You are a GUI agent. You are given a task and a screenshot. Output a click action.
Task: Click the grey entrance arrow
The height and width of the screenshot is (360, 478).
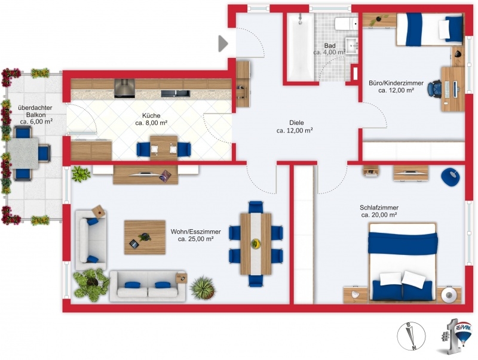[x=223, y=44]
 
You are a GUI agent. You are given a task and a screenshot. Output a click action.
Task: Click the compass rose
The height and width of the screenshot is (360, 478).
[x=411, y=337]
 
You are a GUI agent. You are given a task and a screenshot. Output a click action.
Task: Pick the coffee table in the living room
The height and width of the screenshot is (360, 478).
[x=145, y=237]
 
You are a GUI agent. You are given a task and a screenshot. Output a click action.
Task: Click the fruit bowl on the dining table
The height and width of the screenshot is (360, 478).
[x=256, y=243]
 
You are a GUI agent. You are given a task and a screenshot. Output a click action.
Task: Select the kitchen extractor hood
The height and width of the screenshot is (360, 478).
[x=124, y=88]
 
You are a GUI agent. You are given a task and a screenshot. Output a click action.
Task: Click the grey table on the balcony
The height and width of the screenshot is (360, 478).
[x=23, y=153]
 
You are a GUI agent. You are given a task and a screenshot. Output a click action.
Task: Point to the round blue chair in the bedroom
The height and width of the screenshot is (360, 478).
[x=450, y=177]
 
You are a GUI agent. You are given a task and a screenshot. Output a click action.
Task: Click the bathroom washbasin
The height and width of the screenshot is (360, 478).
[x=353, y=46]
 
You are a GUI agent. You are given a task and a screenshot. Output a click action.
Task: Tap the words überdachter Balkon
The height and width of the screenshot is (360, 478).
[x=35, y=111]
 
